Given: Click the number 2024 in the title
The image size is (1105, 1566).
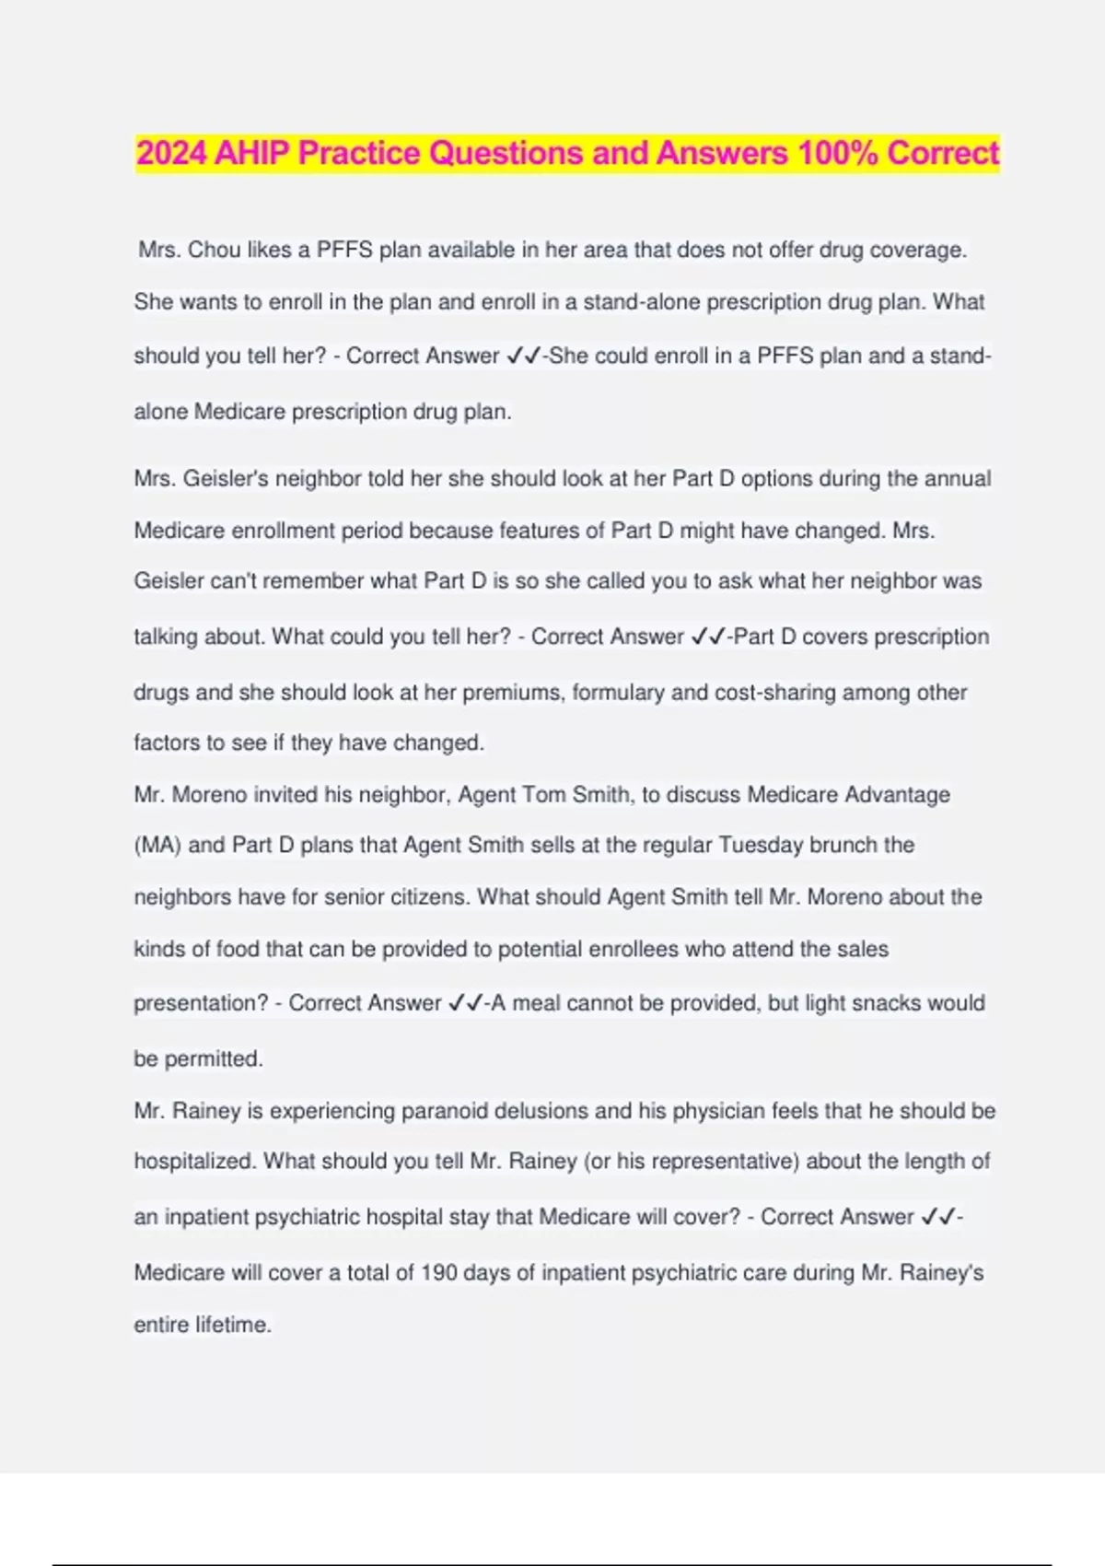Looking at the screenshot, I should point(172,153).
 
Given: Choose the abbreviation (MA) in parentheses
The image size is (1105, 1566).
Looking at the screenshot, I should point(157,846).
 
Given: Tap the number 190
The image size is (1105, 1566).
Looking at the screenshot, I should point(439,1273).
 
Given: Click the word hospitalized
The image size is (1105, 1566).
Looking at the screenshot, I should point(194,1162).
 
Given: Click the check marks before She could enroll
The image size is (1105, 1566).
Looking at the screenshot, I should point(523,356).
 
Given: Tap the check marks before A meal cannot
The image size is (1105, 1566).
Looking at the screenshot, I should point(465,1003).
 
